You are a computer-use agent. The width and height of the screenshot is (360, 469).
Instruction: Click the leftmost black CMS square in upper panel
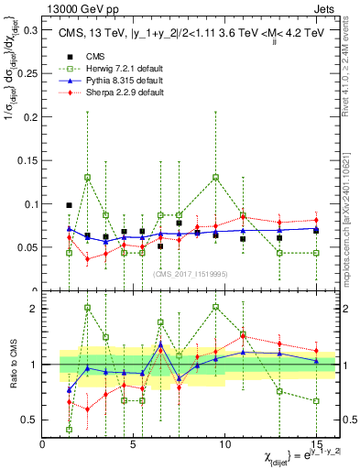(x=70, y=206)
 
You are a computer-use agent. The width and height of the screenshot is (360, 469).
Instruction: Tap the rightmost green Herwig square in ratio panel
(x=316, y=401)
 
